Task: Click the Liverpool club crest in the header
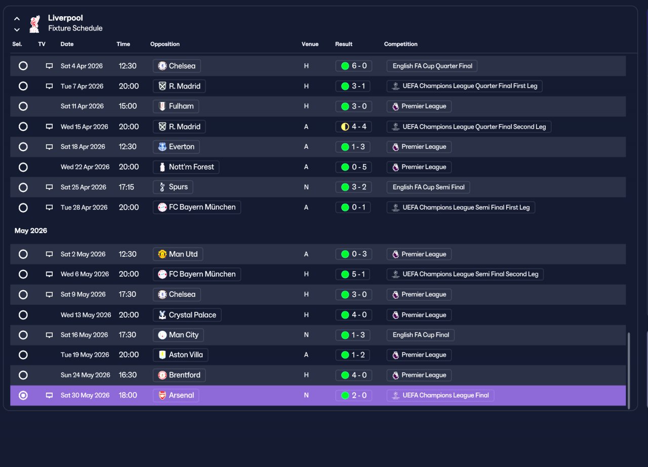click(35, 24)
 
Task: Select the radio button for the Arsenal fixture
click(23, 395)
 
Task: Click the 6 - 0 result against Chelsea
click(353, 66)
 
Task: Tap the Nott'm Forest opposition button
click(186, 167)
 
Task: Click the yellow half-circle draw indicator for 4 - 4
click(345, 127)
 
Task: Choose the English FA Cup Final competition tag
click(420, 335)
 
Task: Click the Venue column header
click(310, 44)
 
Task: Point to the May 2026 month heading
click(31, 230)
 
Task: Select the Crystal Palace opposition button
click(187, 315)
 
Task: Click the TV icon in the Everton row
click(50, 147)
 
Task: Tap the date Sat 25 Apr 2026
click(84, 187)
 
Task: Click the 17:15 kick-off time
click(127, 187)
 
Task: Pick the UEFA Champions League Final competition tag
click(440, 395)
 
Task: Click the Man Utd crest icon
click(163, 254)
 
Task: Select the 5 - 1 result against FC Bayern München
click(353, 274)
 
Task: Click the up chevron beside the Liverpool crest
click(17, 19)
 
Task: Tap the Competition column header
click(400, 44)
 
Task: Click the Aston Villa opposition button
click(180, 355)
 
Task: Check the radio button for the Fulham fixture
click(23, 106)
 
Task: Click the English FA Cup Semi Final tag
click(428, 187)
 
